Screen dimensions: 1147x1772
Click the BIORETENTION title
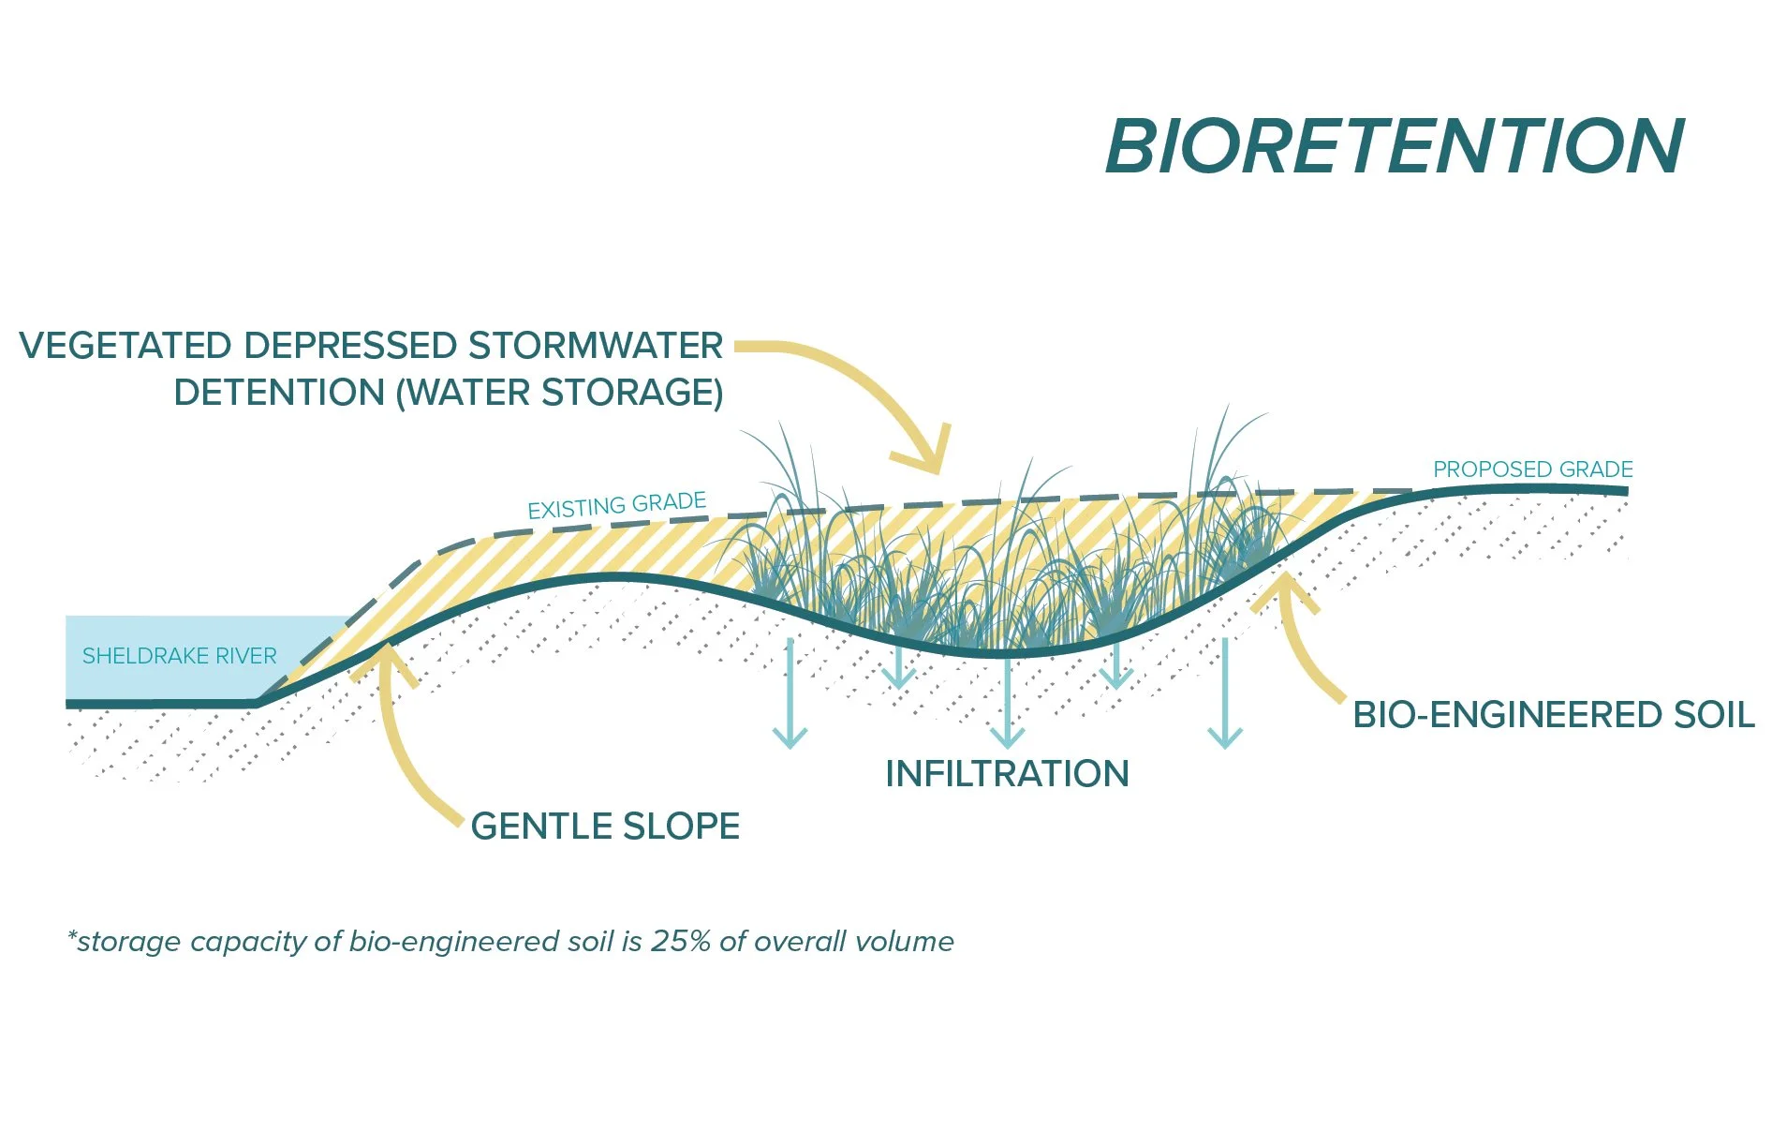pos(1395,147)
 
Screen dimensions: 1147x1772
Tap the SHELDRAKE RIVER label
pos(179,656)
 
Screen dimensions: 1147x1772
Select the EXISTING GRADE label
pos(616,506)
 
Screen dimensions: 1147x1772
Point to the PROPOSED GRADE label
pos(1532,469)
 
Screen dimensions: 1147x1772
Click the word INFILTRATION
pos(1007,774)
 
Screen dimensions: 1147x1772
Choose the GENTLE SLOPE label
pos(605,827)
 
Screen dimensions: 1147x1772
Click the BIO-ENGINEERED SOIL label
pos(1554,715)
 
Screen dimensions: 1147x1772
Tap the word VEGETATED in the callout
pos(126,346)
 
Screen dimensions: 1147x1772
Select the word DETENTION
pos(278,393)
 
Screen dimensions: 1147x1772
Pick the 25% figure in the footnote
pos(680,941)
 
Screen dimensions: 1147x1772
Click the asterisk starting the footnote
pos(71,937)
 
